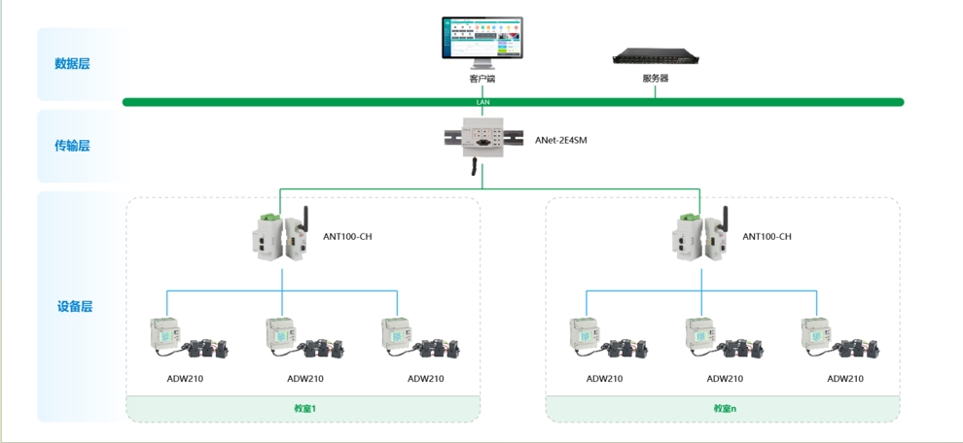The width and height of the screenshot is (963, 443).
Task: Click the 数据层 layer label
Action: tap(72, 64)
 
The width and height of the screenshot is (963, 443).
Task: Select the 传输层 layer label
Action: tap(72, 146)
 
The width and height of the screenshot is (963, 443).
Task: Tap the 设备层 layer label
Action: tap(75, 307)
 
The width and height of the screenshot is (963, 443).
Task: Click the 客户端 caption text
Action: tap(481, 79)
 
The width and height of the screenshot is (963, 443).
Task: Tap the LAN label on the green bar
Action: tap(482, 102)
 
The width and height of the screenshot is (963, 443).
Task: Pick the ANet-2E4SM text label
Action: tap(561, 141)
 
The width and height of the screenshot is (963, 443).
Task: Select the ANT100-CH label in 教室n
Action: tap(767, 237)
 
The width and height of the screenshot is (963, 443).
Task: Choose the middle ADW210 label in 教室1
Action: tap(305, 379)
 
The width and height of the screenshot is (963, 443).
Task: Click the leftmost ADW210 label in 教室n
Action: tap(604, 379)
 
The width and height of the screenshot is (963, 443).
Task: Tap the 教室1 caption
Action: tap(305, 409)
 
